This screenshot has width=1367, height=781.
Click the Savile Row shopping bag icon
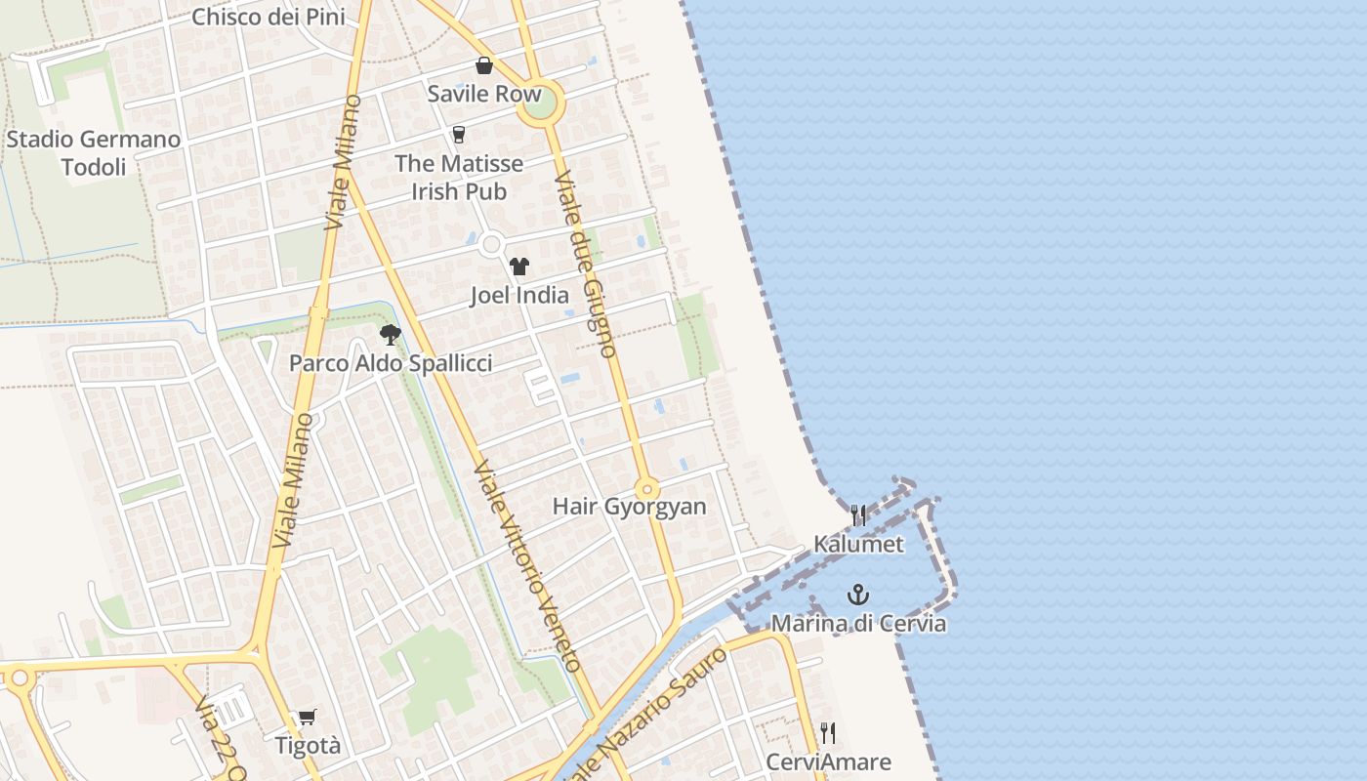(483, 65)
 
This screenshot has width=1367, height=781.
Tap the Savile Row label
(484, 94)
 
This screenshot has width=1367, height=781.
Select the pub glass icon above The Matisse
(459, 135)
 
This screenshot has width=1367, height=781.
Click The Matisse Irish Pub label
(459, 177)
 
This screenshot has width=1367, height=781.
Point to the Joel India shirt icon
(518, 267)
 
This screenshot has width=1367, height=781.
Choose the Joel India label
(519, 295)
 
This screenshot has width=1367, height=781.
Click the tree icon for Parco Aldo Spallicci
(391, 335)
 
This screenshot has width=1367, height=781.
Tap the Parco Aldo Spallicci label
(391, 363)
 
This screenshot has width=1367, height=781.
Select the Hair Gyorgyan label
(629, 507)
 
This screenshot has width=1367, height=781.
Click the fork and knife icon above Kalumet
(858, 514)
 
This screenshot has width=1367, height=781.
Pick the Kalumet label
(859, 544)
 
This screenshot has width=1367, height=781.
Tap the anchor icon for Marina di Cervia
(858, 594)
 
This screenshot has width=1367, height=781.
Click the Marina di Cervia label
(859, 623)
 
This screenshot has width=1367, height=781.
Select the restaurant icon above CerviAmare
(828, 732)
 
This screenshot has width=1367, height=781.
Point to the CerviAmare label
(828, 761)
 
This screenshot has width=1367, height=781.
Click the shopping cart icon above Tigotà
(308, 718)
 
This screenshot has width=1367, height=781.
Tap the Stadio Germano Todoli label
(94, 153)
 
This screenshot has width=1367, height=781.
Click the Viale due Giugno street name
(585, 264)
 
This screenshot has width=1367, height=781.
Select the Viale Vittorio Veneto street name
(528, 566)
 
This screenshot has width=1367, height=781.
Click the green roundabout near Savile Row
(541, 103)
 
